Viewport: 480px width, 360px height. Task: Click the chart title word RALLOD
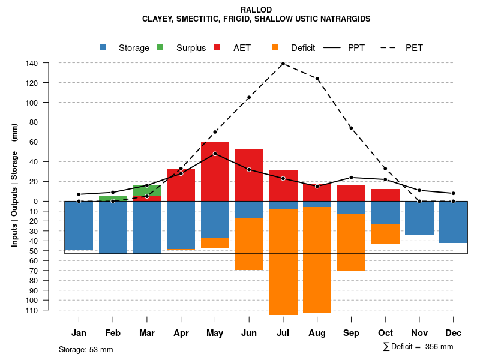(x=256, y=10)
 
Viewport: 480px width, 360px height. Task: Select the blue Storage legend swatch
(x=103, y=47)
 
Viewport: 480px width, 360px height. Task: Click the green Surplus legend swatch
(x=160, y=47)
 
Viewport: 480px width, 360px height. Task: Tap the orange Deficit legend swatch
(x=274, y=47)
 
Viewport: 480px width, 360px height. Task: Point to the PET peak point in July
(x=283, y=64)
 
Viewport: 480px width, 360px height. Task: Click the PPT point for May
(x=215, y=154)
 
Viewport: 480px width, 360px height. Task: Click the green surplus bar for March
(x=147, y=191)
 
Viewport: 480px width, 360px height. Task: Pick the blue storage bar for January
(x=79, y=225)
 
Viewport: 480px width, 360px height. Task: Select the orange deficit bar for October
(x=385, y=234)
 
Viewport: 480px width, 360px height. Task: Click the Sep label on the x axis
(x=351, y=333)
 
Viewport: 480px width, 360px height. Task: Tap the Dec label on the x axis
(x=454, y=333)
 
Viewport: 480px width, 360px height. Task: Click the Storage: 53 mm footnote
(x=86, y=349)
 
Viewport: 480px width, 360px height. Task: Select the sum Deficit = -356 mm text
(x=418, y=346)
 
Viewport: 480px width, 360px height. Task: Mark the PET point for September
(x=351, y=128)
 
